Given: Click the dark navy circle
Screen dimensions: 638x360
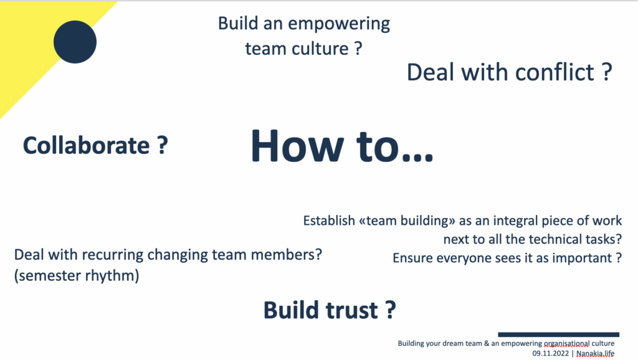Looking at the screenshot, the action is tap(75, 42).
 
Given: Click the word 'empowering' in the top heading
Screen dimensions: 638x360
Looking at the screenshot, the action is tap(339, 24).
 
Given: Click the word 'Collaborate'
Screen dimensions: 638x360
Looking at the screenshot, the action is tap(86, 146).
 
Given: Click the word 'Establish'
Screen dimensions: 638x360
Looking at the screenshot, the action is tap(329, 220).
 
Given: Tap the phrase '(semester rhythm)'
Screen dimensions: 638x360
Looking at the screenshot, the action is tap(77, 275).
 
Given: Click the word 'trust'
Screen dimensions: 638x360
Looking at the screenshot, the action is tap(352, 310).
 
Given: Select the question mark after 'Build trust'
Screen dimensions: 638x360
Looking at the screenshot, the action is tap(390, 310).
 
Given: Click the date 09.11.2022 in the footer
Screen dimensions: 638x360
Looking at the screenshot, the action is tap(551, 354).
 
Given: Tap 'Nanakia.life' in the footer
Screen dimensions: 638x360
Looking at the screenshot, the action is tap(595, 354).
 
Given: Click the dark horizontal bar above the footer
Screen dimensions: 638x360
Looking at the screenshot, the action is tap(559, 334).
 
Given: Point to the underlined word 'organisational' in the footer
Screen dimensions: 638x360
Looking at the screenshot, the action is tap(566, 343).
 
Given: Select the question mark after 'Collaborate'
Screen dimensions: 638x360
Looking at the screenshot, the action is tap(163, 145).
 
